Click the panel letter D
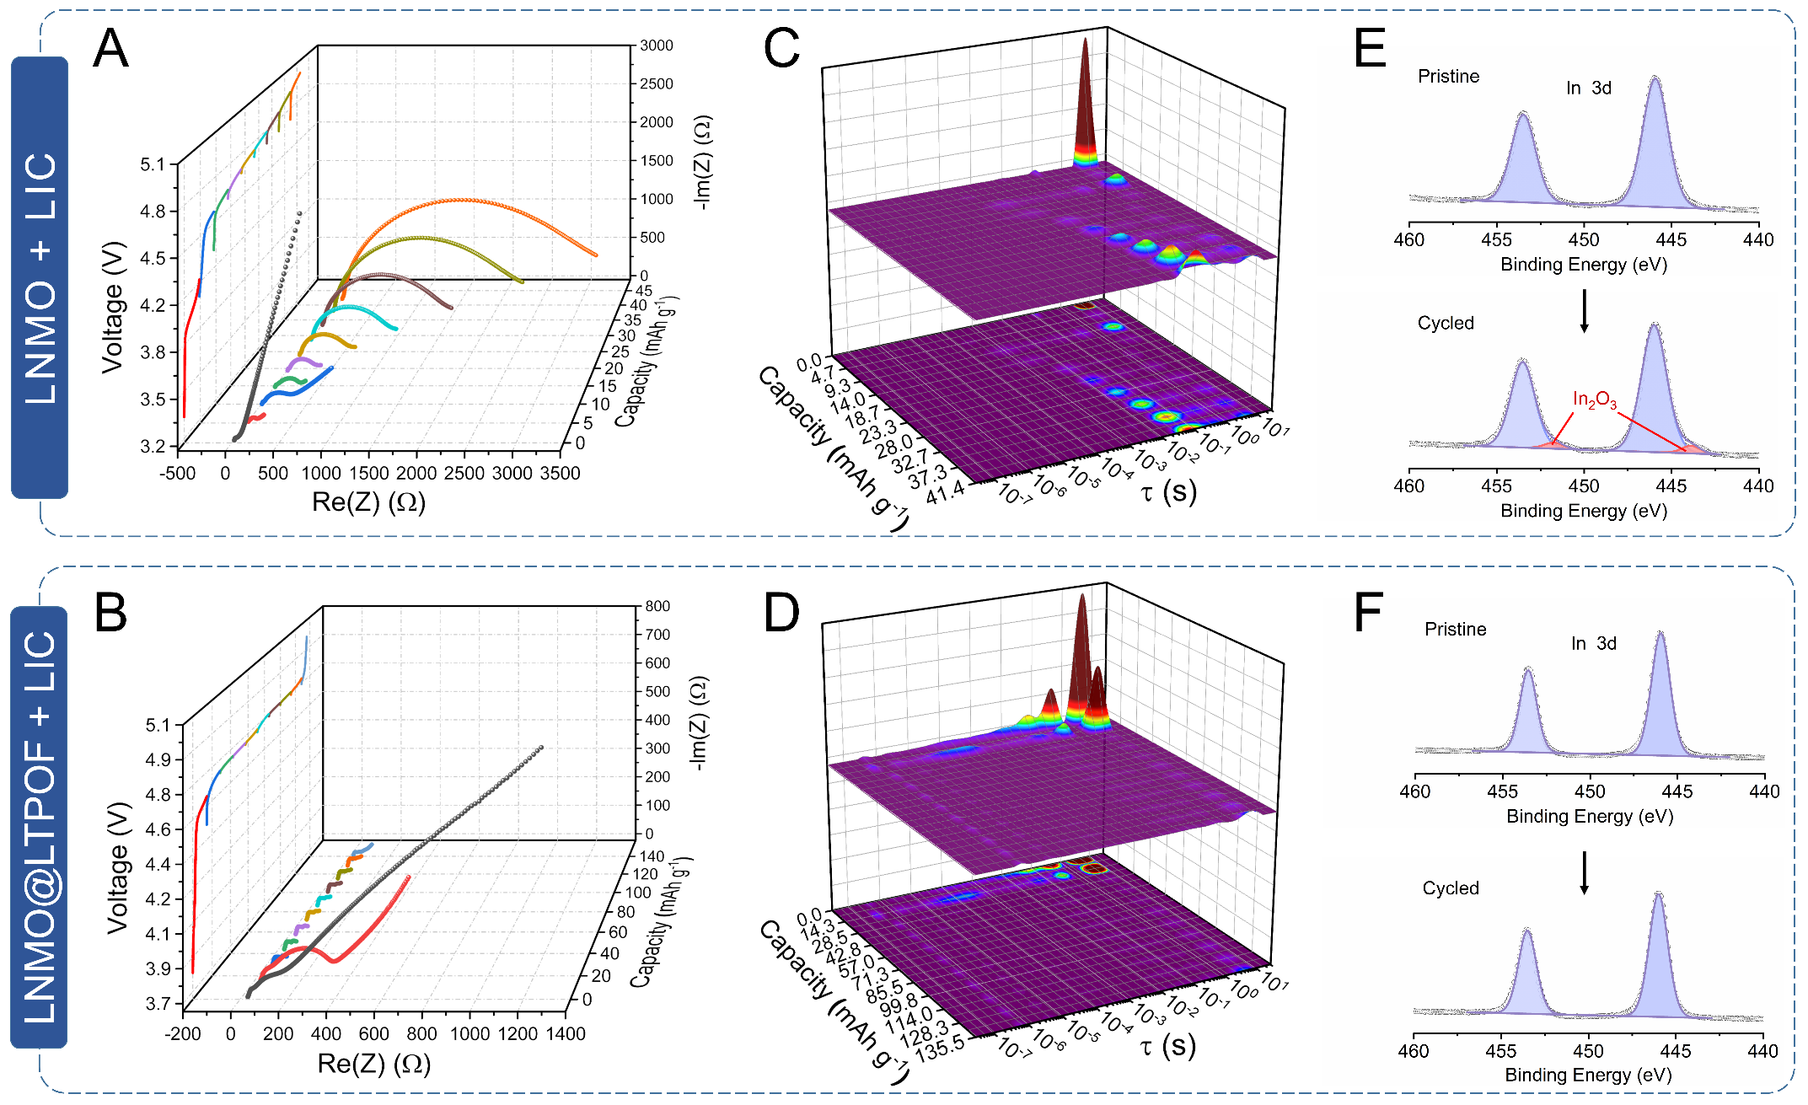point(781,613)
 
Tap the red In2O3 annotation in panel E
point(1594,400)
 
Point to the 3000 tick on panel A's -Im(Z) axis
point(656,46)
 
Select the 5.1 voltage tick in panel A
point(153,164)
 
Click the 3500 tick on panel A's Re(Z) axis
point(560,474)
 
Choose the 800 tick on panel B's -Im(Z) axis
point(657,606)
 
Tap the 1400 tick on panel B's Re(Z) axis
point(565,1034)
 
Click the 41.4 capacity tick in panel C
point(945,494)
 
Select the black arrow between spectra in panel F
point(1584,872)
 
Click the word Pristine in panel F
point(1455,630)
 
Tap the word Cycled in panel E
point(1446,324)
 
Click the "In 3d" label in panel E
point(1589,89)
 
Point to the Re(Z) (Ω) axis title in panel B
point(374,1064)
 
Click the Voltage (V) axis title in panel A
point(113,308)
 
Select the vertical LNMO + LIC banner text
point(40,278)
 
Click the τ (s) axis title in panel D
point(1167,1046)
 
